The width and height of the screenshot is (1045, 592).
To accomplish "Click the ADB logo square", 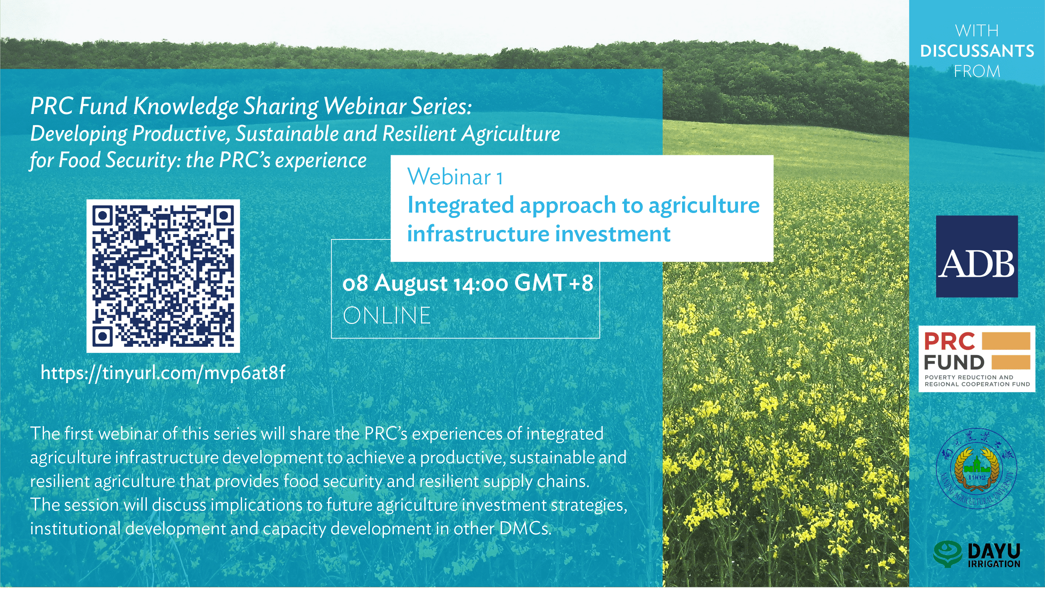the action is coord(977,256).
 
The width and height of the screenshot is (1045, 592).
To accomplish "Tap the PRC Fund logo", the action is coord(977,359).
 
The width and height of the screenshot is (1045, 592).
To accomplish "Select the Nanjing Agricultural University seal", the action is coord(976,469).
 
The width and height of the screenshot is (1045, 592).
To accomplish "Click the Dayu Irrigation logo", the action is coord(977,554).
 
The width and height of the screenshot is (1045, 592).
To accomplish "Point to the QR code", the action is coord(163,276).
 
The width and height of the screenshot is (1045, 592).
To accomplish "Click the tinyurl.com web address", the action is coord(163,372).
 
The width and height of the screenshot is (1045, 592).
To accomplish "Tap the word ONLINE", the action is coord(387,316).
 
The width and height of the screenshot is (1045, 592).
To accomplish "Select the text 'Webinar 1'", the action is coord(455,177).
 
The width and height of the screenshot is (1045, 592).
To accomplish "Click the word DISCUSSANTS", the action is coord(977,51).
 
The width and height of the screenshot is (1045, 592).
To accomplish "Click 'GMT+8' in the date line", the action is coord(554,283).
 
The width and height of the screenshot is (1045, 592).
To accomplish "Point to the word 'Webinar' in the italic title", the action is coord(365,106).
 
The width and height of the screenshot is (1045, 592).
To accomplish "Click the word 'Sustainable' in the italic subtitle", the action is coord(287,134).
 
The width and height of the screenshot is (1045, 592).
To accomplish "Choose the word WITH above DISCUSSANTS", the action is coord(977,31).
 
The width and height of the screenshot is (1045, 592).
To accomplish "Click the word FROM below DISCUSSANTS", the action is coord(977,72).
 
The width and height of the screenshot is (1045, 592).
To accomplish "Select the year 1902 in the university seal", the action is coord(976,477).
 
